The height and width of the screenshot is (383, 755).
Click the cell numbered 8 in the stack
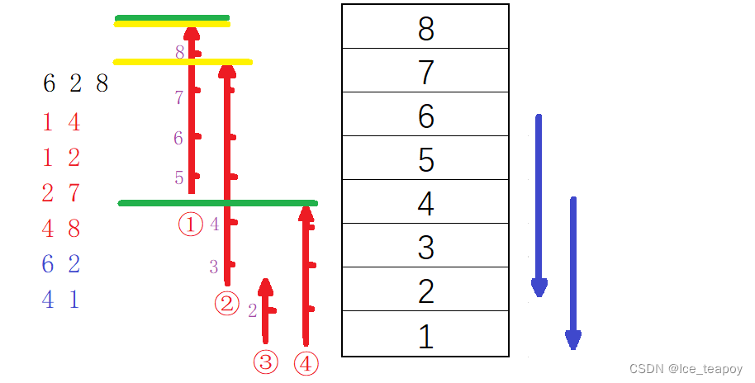(425, 27)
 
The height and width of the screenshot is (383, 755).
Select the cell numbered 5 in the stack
(425, 158)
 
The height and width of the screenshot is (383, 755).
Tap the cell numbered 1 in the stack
(425, 336)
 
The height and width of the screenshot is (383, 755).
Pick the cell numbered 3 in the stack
(425, 246)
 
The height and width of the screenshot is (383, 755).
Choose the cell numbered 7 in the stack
(425, 72)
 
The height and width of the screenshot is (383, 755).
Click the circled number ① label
(191, 225)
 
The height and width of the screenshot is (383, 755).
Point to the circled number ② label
(226, 304)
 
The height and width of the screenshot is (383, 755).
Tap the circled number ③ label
(265, 362)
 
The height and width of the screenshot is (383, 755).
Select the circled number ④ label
(306, 363)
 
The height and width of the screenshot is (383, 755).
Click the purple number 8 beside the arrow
(179, 53)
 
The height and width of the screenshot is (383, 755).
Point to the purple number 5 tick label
(179, 177)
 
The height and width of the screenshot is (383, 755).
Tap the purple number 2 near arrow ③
(253, 311)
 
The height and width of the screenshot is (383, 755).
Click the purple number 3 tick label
(213, 267)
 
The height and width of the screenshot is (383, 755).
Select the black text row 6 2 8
(75, 84)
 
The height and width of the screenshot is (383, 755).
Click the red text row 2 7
(60, 193)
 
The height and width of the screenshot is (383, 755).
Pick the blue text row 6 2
(60, 264)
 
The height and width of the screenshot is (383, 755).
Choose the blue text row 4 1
(60, 300)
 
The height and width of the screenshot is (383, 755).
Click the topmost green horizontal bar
(172, 17)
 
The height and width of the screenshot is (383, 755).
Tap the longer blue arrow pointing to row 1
(572, 272)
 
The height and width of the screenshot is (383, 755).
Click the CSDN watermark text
(685, 369)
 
